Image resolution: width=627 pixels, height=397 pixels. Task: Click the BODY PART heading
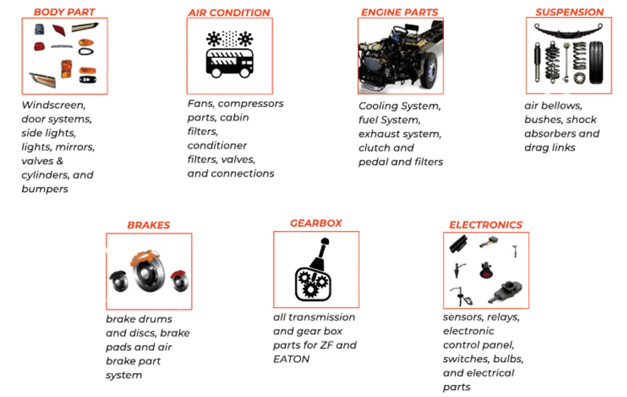pyautogui.click(x=64, y=12)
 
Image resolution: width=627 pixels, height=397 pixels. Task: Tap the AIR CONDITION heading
pyautogui.click(x=229, y=12)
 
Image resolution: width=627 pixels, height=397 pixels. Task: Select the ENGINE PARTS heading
pyautogui.click(x=400, y=12)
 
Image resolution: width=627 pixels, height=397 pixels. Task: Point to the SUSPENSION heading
pyautogui.click(x=569, y=12)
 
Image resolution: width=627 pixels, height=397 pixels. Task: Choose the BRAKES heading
pyautogui.click(x=149, y=225)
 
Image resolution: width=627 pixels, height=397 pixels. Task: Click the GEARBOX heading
pyautogui.click(x=316, y=223)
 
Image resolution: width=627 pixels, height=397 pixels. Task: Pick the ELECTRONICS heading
pyautogui.click(x=486, y=225)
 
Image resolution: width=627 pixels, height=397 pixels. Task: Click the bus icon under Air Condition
pyautogui.click(x=230, y=63)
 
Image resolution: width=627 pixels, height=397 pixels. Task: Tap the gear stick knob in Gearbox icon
pyautogui.click(x=325, y=242)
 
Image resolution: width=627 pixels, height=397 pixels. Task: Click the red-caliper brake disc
pyautogui.click(x=180, y=281)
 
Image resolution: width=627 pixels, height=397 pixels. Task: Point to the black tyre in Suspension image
pyautogui.click(x=596, y=63)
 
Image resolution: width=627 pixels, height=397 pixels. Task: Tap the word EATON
pyautogui.click(x=291, y=359)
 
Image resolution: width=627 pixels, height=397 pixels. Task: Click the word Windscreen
pyautogui.click(x=53, y=105)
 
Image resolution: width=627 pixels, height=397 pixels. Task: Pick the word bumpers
pyautogui.click(x=44, y=189)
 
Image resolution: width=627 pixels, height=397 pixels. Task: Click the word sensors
pyautogui.click(x=461, y=317)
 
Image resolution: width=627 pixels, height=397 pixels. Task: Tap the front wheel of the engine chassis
pyautogui.click(x=429, y=72)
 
